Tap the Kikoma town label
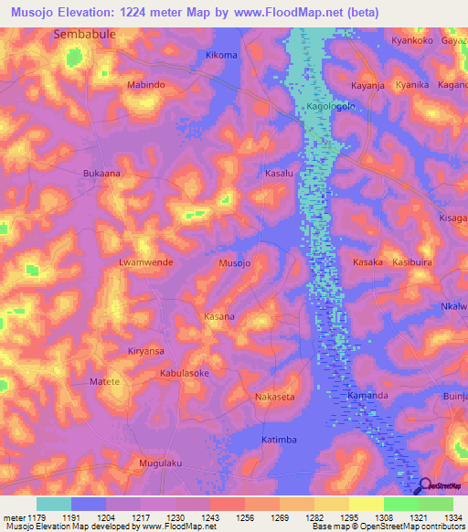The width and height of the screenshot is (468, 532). click(221, 56)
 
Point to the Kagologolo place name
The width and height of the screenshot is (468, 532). click(330, 105)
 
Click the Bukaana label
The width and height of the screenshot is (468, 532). click(102, 172)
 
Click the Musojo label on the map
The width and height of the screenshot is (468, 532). click(235, 263)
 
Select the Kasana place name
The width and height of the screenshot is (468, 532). click(218, 316)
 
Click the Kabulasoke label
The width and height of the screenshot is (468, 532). click(185, 374)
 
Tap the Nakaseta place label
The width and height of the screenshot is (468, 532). click(274, 398)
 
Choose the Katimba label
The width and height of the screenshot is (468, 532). click(279, 440)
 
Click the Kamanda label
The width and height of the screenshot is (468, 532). click(367, 396)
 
